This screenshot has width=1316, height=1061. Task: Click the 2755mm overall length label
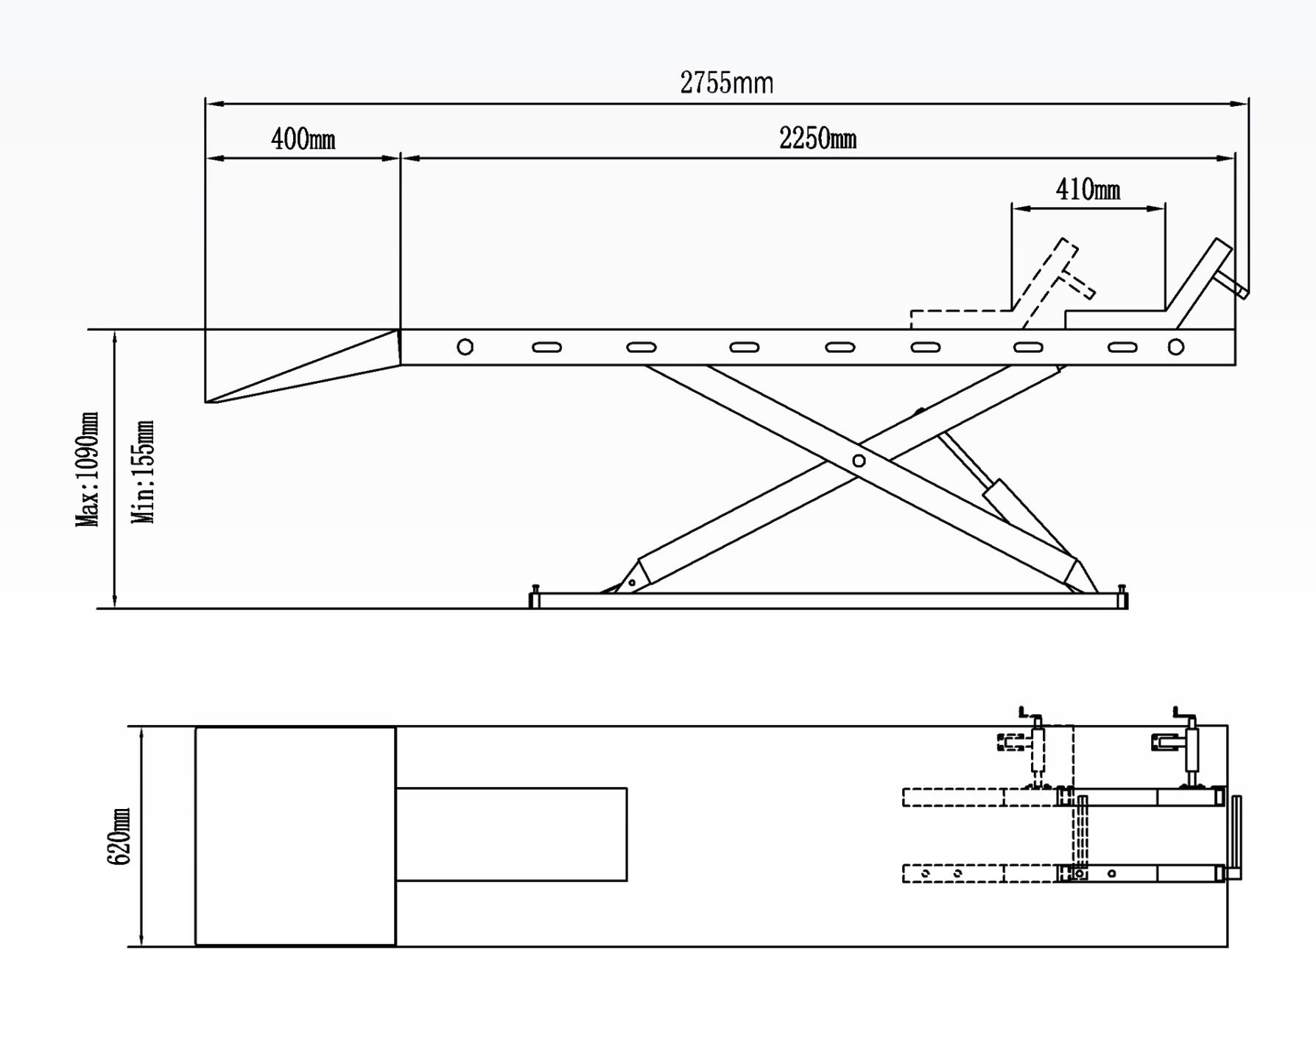click(x=726, y=83)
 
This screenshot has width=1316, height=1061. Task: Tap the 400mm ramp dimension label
click(x=303, y=139)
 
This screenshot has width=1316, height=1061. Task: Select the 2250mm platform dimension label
click(x=817, y=138)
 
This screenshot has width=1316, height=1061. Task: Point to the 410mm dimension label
click(x=1088, y=189)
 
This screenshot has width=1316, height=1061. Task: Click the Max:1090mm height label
click(x=88, y=469)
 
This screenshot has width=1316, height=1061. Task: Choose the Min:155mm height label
click(x=143, y=472)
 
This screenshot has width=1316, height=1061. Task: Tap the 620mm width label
click(x=119, y=836)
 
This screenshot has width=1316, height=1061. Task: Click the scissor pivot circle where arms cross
click(x=859, y=461)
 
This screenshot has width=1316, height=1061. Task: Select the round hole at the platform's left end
click(x=465, y=346)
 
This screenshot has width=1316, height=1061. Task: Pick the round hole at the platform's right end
click(x=1176, y=346)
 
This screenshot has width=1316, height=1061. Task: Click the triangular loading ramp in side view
click(x=302, y=366)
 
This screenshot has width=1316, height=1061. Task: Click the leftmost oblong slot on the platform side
click(x=546, y=347)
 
